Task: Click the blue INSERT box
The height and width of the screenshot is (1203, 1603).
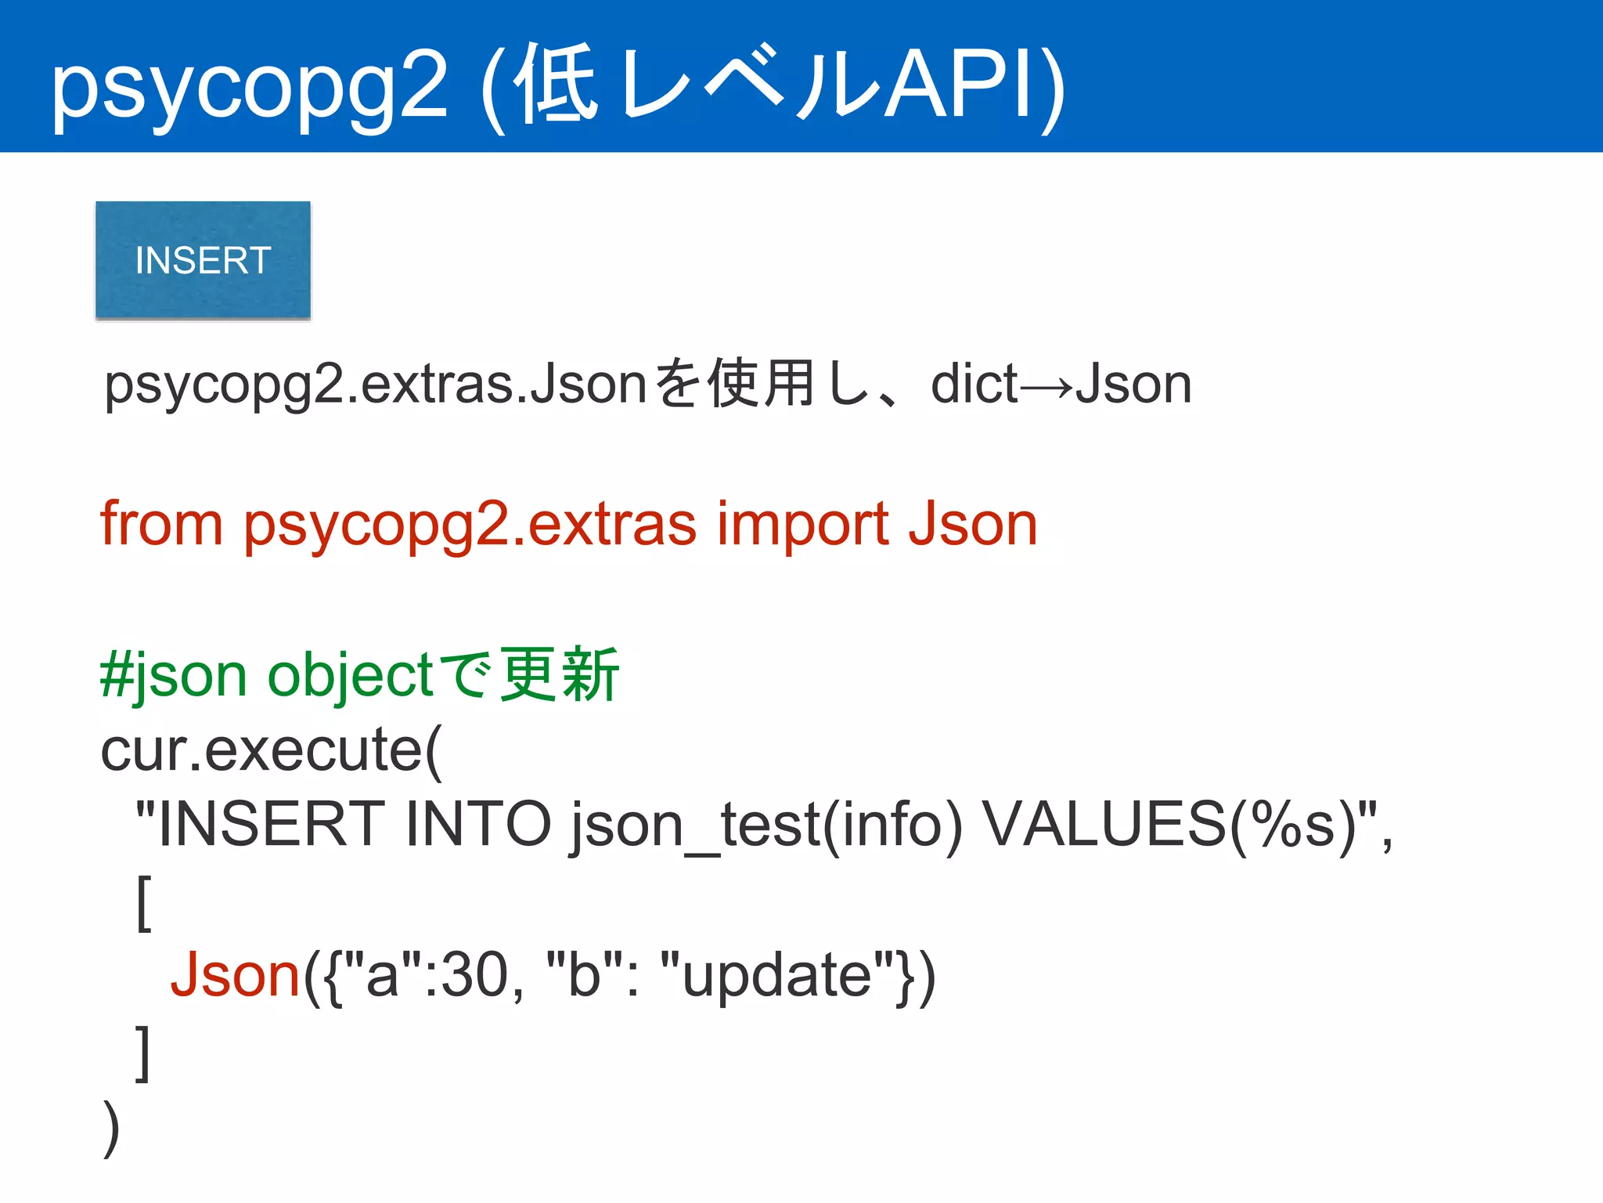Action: [203, 260]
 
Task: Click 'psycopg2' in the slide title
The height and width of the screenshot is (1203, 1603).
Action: [249, 86]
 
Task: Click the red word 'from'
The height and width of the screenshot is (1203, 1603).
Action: [161, 523]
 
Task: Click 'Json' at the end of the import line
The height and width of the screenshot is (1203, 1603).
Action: [972, 523]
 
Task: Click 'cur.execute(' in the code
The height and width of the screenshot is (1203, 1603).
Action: [271, 750]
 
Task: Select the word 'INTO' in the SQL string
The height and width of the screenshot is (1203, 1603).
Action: [478, 825]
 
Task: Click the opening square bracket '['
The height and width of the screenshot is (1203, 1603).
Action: [144, 903]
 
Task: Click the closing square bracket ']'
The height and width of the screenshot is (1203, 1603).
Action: [142, 1053]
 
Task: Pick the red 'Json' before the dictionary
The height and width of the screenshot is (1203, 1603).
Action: [236, 976]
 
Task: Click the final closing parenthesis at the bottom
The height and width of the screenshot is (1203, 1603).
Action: [111, 1128]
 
